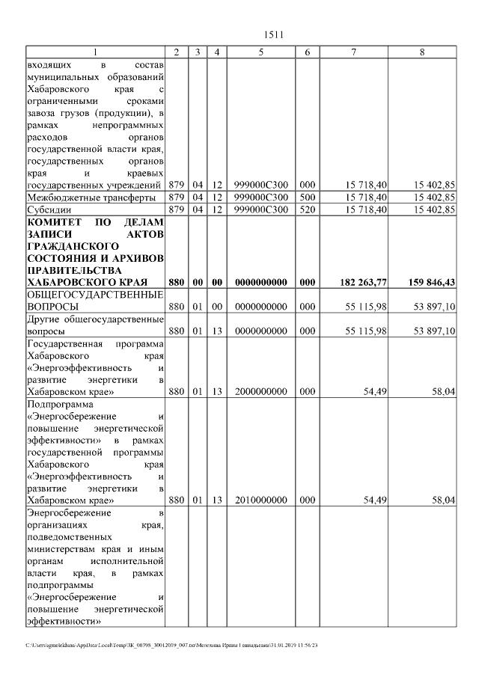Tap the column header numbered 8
[x=423, y=52]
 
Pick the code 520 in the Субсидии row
[x=307, y=209]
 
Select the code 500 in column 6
[x=307, y=197]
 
